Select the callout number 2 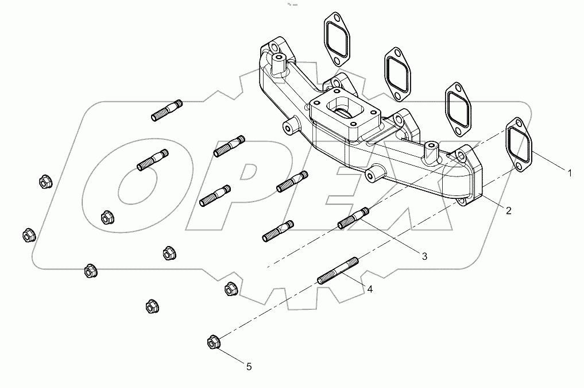pyautogui.click(x=508, y=210)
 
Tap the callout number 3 pyautogui.click(x=424, y=256)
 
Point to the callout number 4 pyautogui.click(x=370, y=290)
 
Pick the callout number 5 pyautogui.click(x=249, y=366)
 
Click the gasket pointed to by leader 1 pyautogui.click(x=519, y=145)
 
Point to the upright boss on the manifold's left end pyautogui.click(x=280, y=64)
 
